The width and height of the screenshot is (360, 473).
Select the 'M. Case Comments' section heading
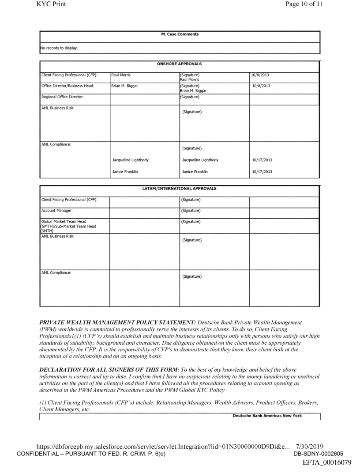(x=179, y=34)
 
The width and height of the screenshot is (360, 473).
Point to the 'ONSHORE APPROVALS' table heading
(x=179, y=64)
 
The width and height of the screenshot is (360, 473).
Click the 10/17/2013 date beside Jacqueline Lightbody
(x=262, y=160)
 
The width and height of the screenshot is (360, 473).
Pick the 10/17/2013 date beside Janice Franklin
(x=262, y=172)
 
